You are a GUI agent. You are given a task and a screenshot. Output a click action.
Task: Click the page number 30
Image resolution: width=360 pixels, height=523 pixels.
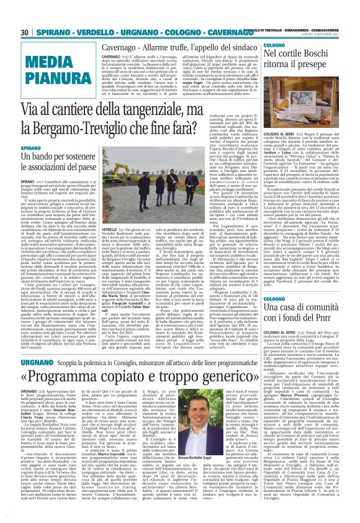point(25,32)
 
